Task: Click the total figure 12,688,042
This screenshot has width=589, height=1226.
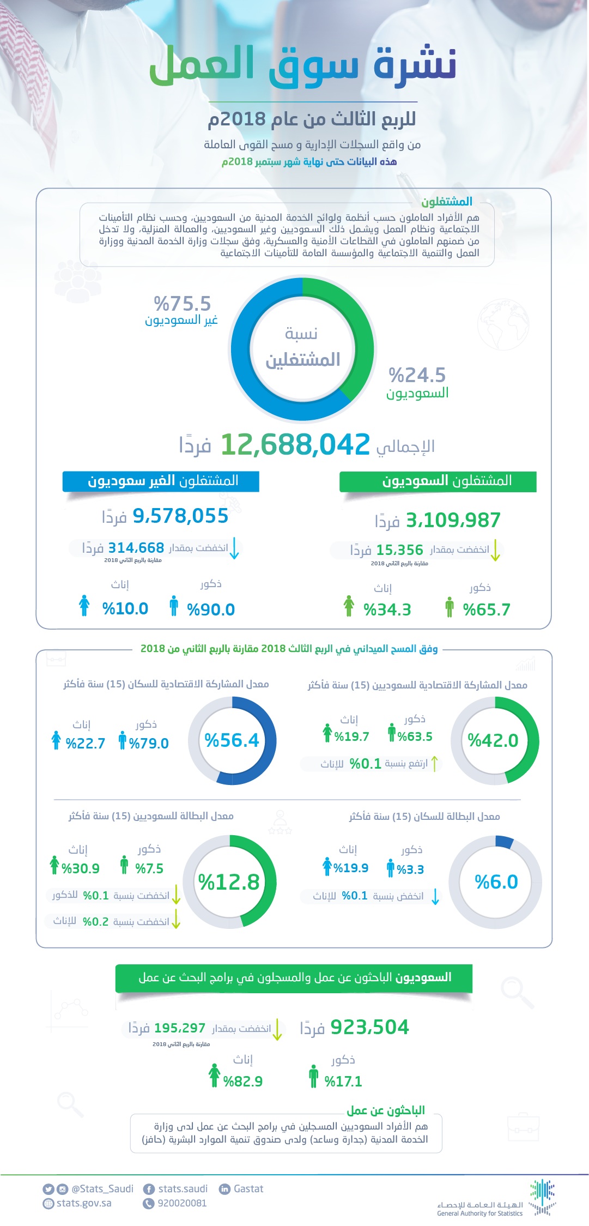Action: pyautogui.click(x=295, y=444)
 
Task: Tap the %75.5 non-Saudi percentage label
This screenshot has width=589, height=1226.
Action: pyautogui.click(x=182, y=303)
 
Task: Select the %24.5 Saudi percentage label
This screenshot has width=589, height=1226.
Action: pyautogui.click(x=417, y=375)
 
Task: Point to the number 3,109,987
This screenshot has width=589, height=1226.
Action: pyautogui.click(x=453, y=520)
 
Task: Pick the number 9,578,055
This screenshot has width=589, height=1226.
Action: pyautogui.click(x=180, y=516)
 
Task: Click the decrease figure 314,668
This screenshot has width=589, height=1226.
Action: pyautogui.click(x=136, y=547)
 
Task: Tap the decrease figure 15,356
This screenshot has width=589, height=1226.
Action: pyautogui.click(x=399, y=549)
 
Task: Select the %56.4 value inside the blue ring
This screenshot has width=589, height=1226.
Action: pyautogui.click(x=232, y=740)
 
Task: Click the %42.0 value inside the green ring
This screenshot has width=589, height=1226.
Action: pyautogui.click(x=493, y=740)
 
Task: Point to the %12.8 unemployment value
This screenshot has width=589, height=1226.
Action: pyautogui.click(x=229, y=882)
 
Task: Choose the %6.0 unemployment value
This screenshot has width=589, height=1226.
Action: pyautogui.click(x=496, y=881)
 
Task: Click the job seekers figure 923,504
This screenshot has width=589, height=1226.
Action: pyautogui.click(x=369, y=1027)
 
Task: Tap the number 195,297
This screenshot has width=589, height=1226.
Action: pyautogui.click(x=180, y=1028)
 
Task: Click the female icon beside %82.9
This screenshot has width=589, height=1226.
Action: pyautogui.click(x=215, y=1076)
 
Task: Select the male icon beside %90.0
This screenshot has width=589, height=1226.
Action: pyautogui.click(x=174, y=606)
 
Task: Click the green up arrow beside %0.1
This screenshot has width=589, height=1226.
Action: pyautogui.click(x=434, y=763)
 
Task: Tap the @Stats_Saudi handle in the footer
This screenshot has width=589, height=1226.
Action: pyautogui.click(x=102, y=1188)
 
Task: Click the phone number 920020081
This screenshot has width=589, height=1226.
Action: pyautogui.click(x=182, y=1203)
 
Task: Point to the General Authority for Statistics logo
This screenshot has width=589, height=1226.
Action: pyautogui.click(x=542, y=1197)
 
